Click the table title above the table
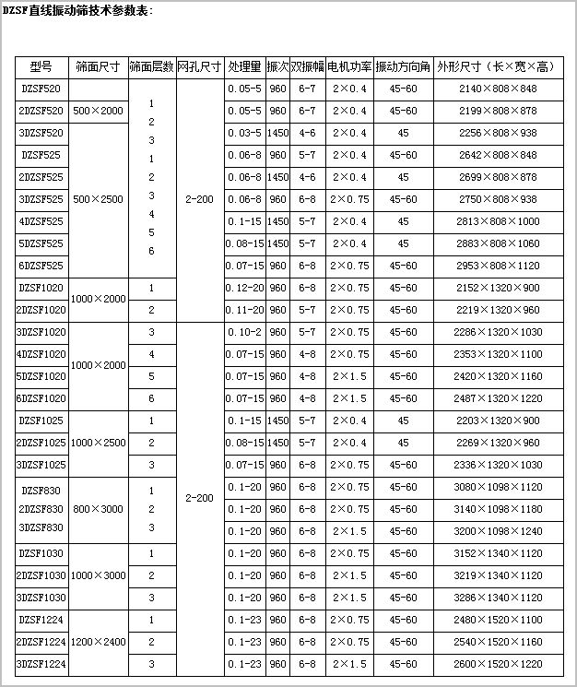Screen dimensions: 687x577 click(x=78, y=10)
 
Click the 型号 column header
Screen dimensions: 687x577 click(x=41, y=67)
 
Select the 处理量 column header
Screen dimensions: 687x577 click(x=243, y=67)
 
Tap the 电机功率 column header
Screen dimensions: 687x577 click(x=349, y=67)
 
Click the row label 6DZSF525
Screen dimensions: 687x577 click(x=41, y=266)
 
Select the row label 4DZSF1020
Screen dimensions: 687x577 click(x=41, y=354)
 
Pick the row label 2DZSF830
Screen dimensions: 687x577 click(x=41, y=509)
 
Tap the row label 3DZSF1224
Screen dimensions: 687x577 click(x=41, y=664)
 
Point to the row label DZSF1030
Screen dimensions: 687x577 click(x=41, y=553)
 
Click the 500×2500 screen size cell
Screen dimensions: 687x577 click(x=100, y=199)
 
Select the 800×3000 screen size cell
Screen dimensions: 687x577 click(x=100, y=509)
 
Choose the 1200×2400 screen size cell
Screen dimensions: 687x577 click(x=100, y=642)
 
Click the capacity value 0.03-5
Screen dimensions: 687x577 click(x=243, y=133)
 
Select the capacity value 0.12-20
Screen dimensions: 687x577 click(x=243, y=288)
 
